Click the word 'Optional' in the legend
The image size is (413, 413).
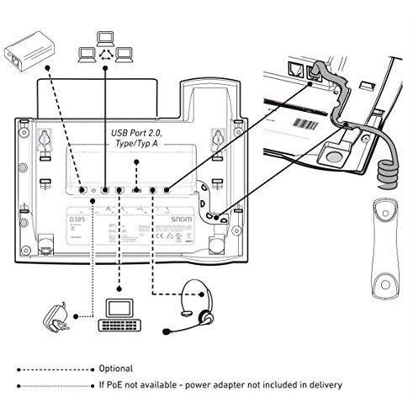[116, 368]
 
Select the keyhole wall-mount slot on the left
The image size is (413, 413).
[43, 137]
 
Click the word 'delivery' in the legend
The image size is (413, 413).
[324, 385]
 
